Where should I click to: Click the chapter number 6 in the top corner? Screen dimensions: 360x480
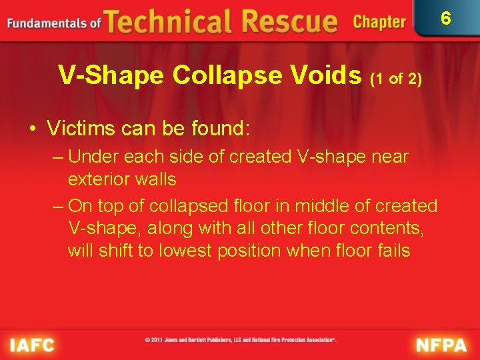point(446,18)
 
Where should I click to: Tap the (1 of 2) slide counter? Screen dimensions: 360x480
point(396,79)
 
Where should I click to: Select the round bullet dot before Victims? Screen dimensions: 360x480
point(33,127)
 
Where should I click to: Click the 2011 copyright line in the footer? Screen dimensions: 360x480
point(241,340)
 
